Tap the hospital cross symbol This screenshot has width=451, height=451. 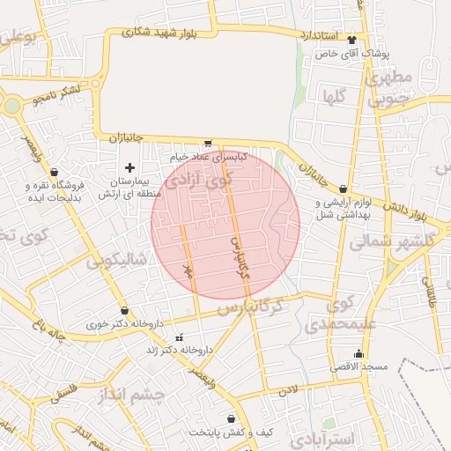130,166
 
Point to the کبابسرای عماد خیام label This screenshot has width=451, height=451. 211,156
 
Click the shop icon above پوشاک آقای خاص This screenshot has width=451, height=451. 353,40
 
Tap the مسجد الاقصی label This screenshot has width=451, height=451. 357,365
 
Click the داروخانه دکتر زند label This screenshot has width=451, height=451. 182,350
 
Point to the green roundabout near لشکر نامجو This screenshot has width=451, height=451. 11,107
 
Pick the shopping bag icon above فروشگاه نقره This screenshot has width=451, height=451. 55,172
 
